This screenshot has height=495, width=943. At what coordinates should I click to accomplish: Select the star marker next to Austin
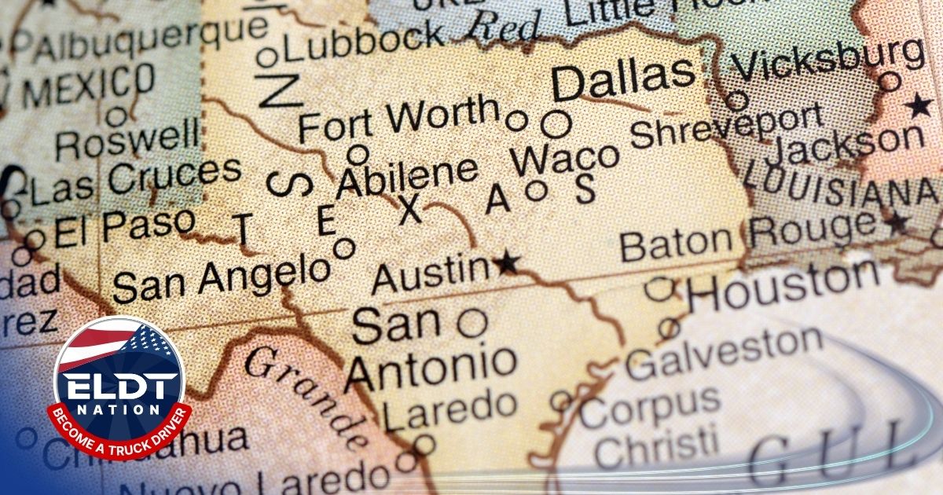508,263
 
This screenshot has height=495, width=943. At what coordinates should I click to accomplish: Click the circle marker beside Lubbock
267,57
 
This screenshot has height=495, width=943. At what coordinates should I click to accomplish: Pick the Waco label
564,159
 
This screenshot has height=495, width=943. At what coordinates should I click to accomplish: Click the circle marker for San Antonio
472,323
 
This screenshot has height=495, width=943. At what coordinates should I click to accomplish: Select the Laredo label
449,409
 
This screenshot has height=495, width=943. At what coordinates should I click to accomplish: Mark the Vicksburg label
831,60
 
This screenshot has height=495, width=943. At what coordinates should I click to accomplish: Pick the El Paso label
123,228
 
